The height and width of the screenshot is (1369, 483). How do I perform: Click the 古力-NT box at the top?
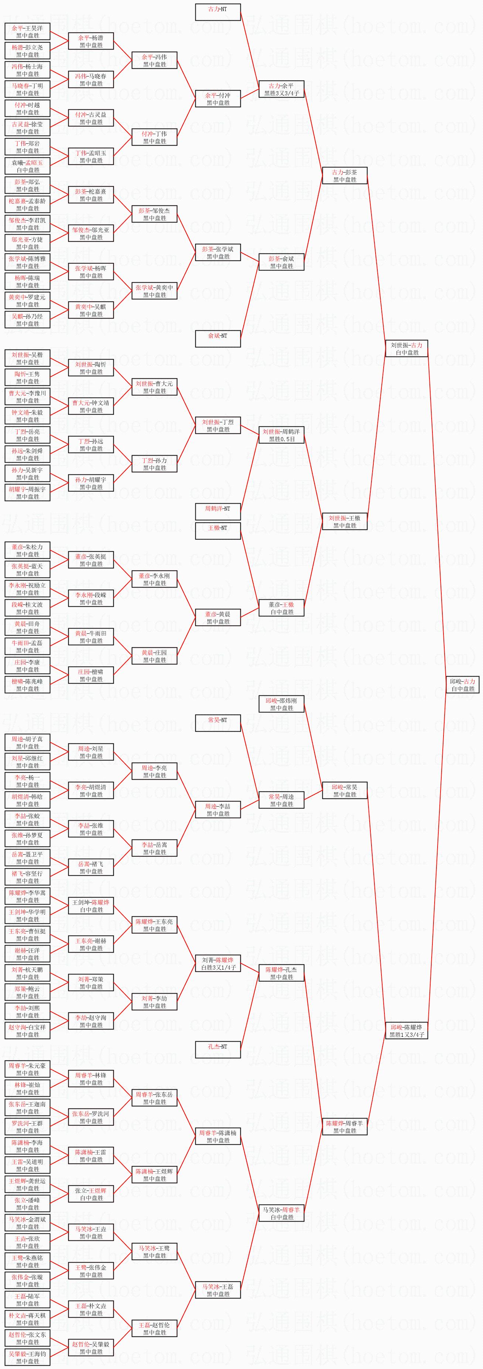click(218, 12)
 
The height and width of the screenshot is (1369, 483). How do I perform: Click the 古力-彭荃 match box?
click(344, 176)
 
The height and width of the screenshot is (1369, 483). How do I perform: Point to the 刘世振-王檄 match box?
click(344, 521)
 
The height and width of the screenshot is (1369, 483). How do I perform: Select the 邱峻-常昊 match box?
click(344, 790)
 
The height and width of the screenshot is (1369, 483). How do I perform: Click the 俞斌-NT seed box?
click(218, 338)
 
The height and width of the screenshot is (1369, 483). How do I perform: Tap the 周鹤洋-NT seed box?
click(218, 512)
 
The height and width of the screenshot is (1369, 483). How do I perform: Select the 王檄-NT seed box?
click(218, 531)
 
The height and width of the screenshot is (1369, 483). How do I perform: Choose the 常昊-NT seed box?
click(218, 723)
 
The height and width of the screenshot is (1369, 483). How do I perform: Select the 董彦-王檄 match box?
click(281, 608)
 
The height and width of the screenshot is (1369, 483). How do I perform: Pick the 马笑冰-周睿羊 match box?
click(281, 1213)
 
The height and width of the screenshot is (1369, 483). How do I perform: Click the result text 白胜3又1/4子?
click(218, 968)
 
